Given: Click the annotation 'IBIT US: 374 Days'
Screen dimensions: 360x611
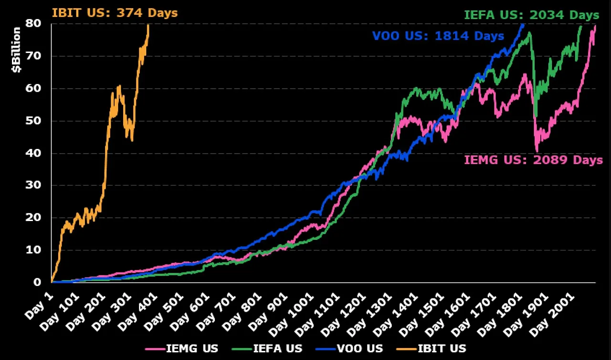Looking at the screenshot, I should pos(114,13).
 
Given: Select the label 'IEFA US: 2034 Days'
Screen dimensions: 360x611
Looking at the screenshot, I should pos(531,15).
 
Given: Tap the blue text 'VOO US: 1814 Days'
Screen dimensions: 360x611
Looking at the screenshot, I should pos(438,36).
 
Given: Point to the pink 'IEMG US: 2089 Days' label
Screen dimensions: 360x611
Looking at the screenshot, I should pos(533,159).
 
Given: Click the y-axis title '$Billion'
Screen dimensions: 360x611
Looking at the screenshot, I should pos(16,50).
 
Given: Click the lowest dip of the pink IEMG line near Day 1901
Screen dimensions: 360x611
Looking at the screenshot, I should pos(537,151).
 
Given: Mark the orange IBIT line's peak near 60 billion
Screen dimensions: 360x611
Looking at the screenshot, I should pos(118,86).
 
